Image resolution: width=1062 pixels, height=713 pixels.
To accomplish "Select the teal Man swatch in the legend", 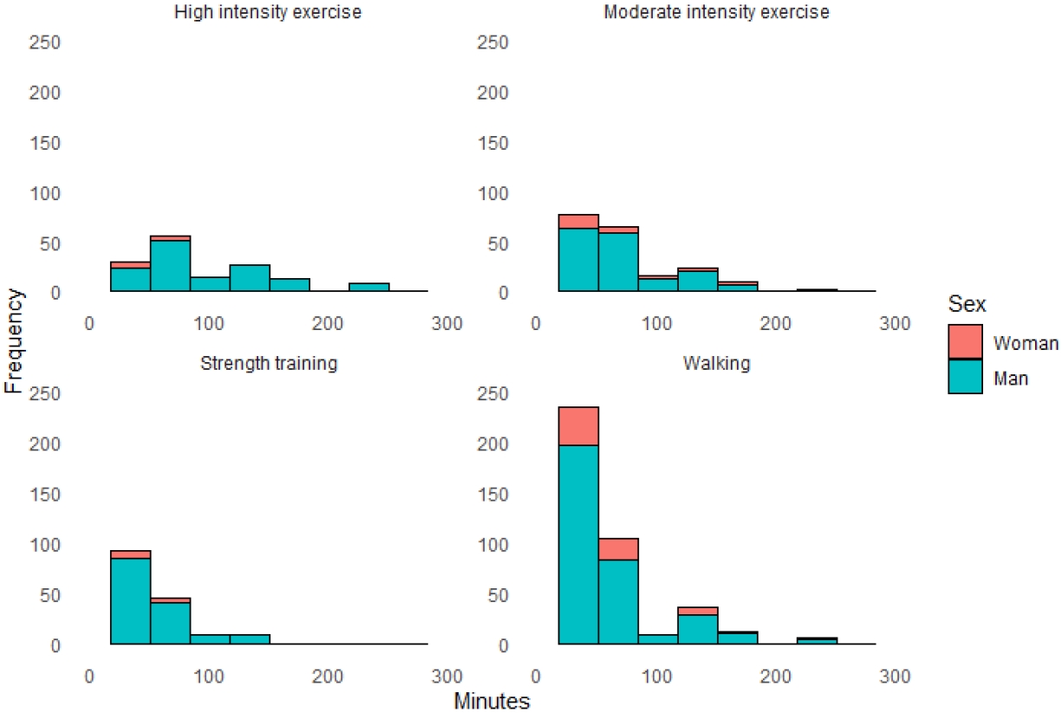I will click(x=966, y=377).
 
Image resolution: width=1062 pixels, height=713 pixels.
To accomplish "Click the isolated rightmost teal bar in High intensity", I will click(x=369, y=287).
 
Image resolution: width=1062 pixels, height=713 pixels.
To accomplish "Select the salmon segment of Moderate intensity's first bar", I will click(x=579, y=221).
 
